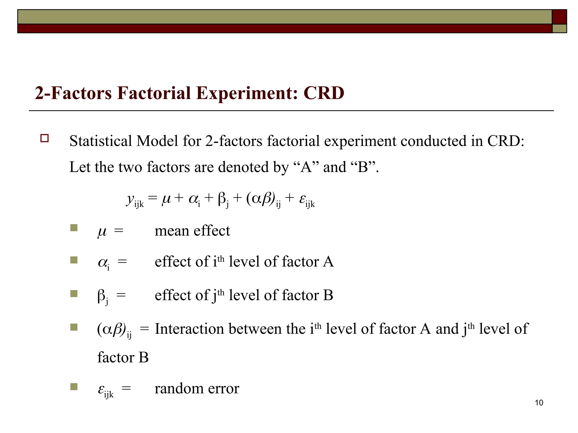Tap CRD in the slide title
click(x=324, y=93)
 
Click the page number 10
click(x=539, y=403)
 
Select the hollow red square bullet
click(x=45, y=138)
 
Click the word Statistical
click(x=100, y=141)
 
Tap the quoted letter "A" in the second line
click(x=306, y=167)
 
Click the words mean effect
click(x=192, y=231)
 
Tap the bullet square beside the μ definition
click(x=74, y=228)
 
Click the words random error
click(x=197, y=388)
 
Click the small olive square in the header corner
click(x=559, y=28)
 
